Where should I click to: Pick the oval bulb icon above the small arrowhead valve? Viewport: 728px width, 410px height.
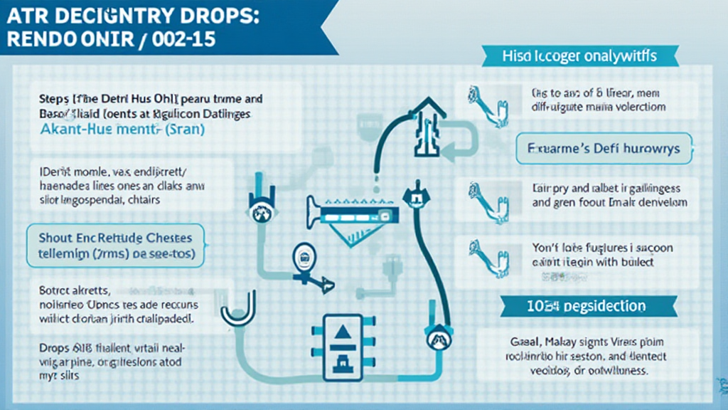(x=303, y=257)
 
